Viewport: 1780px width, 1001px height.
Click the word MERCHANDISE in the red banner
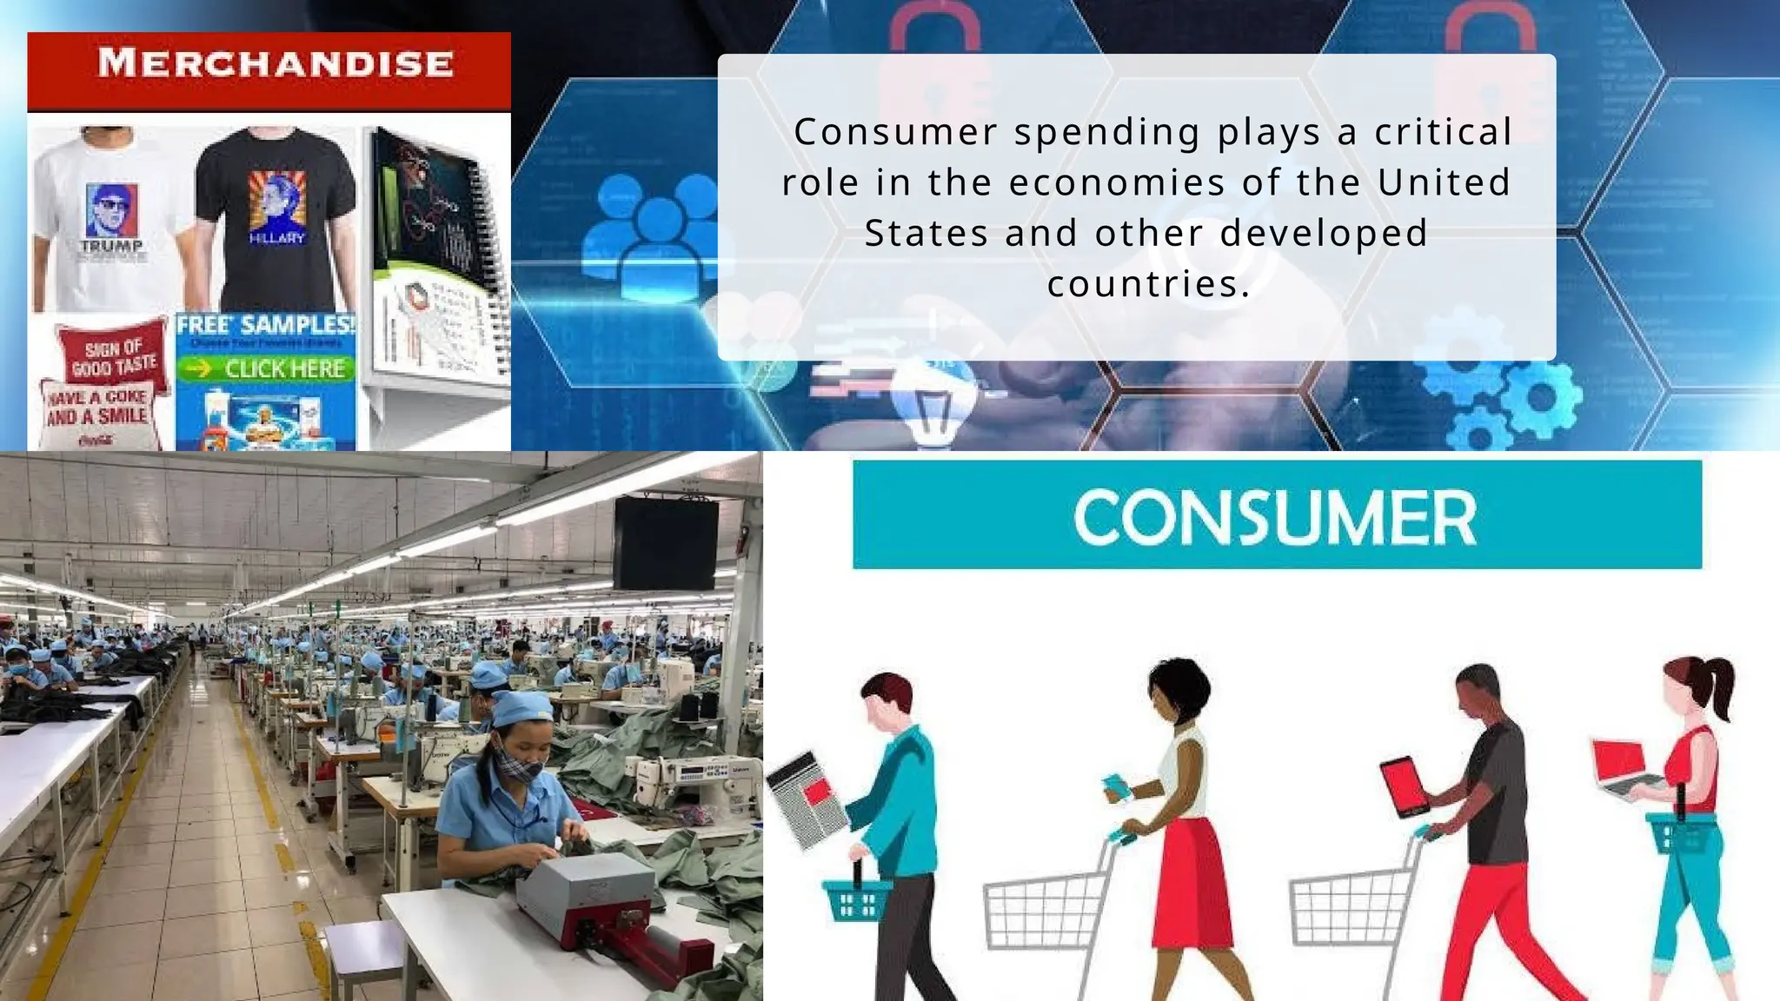click(x=276, y=63)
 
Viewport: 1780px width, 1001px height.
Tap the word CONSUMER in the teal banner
click(x=1275, y=517)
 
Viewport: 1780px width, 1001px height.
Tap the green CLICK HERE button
click(x=266, y=368)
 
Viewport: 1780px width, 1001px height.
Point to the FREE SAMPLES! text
click(x=266, y=326)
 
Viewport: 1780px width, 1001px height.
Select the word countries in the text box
click(x=1148, y=284)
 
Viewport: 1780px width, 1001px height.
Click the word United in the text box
click(x=1444, y=182)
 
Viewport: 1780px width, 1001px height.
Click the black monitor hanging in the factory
click(x=666, y=543)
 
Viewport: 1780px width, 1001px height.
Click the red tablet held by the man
click(x=1403, y=786)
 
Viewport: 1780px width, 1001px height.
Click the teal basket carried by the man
click(x=856, y=899)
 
